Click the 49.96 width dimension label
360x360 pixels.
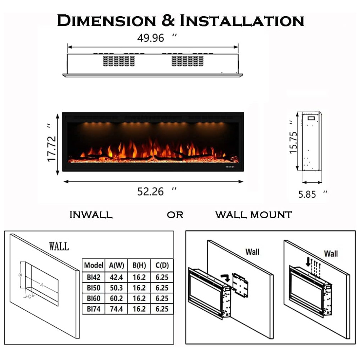click(150, 38)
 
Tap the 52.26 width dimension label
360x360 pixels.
click(150, 192)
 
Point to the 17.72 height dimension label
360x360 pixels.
click(51, 149)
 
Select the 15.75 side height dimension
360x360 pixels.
click(293, 143)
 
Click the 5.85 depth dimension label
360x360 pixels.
click(307, 194)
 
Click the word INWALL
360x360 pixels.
click(91, 215)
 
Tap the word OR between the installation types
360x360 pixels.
click(175, 215)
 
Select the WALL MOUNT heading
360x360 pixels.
click(254, 215)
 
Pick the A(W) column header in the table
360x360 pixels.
click(116, 265)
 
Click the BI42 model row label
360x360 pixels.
click(94, 277)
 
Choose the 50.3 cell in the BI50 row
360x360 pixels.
click(116, 288)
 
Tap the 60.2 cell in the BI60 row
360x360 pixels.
click(116, 298)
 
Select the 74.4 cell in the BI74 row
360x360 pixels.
click(116, 309)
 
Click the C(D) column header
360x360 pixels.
click(162, 265)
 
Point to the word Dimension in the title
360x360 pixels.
click(107, 21)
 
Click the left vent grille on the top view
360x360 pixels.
click(119, 61)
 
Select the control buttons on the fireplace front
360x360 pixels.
click(230, 167)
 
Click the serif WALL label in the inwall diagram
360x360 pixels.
click(59, 246)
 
